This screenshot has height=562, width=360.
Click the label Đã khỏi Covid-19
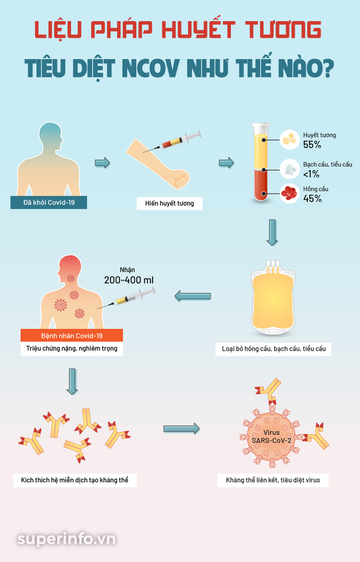48,203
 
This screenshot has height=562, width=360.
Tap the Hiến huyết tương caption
169,204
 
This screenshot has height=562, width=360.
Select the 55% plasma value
312,145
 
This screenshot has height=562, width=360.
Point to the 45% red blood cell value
312,198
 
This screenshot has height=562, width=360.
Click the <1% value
312,174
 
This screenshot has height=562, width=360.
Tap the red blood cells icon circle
289,193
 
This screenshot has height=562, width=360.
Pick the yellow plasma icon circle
289,139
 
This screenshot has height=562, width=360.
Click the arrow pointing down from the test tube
272,232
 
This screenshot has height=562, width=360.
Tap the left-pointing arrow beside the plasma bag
192,296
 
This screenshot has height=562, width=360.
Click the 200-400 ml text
129,280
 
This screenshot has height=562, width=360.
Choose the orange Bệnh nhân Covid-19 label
72,335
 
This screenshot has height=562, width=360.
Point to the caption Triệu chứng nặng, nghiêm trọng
72,348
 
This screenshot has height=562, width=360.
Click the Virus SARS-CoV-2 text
272,437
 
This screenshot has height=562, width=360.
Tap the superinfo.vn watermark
67,539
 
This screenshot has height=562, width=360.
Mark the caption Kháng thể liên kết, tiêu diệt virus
273,480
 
